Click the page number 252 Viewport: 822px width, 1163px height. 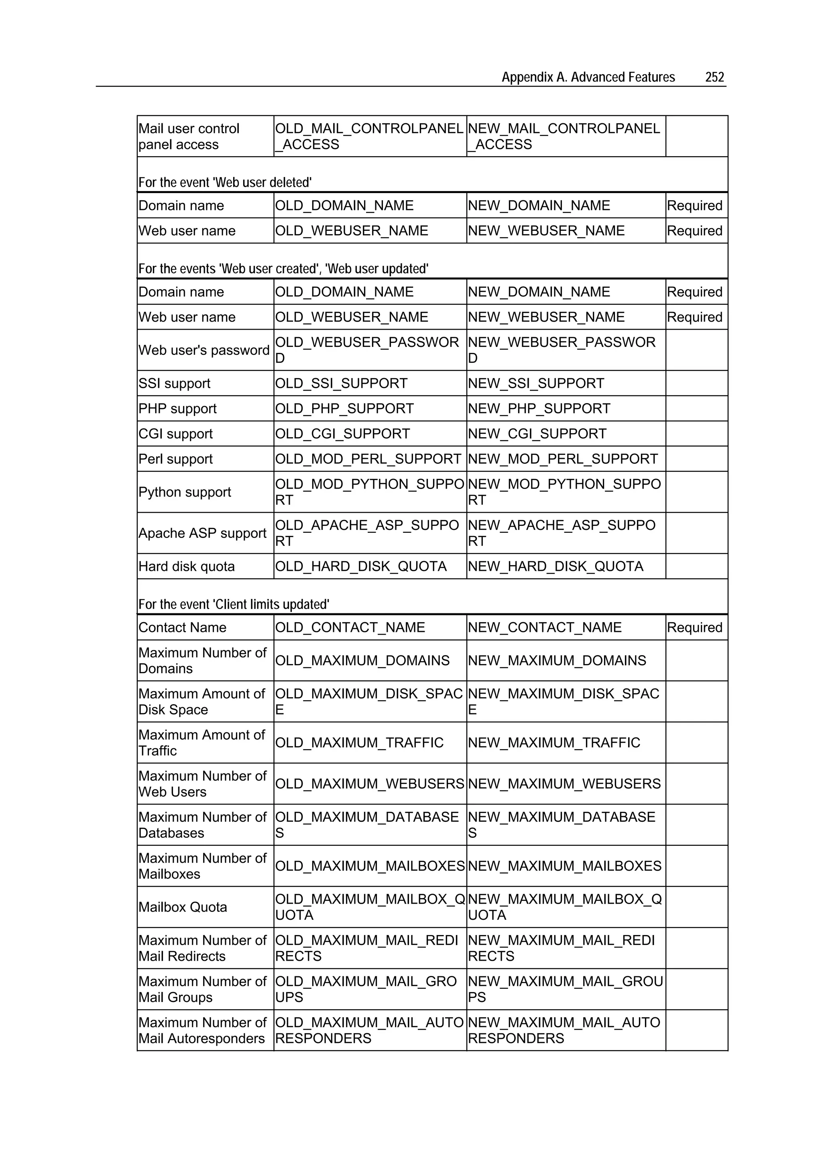click(x=714, y=77)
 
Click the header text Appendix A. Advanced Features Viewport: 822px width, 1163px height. click(x=588, y=77)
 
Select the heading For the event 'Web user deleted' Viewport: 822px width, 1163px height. click(x=225, y=182)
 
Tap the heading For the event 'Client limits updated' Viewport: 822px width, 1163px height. click(x=234, y=604)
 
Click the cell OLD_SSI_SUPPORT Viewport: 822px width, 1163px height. click(x=341, y=383)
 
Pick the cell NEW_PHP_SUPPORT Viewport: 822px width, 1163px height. click(x=539, y=409)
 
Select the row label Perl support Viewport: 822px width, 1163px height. click(x=175, y=459)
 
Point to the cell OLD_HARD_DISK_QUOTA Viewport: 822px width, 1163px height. click(x=360, y=566)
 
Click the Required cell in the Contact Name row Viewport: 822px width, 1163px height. click(x=694, y=627)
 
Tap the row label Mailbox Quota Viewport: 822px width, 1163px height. click(x=182, y=907)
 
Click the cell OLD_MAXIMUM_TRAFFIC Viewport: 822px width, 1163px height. click(x=359, y=743)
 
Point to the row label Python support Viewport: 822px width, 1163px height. click(x=184, y=492)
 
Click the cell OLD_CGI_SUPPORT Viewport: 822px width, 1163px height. click(x=342, y=434)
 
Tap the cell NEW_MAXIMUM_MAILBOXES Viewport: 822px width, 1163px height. click(x=564, y=866)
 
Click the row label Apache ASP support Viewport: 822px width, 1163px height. click(x=202, y=534)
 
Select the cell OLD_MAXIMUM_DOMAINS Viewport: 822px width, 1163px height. click(x=362, y=660)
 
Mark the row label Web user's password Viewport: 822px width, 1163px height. click(x=203, y=350)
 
